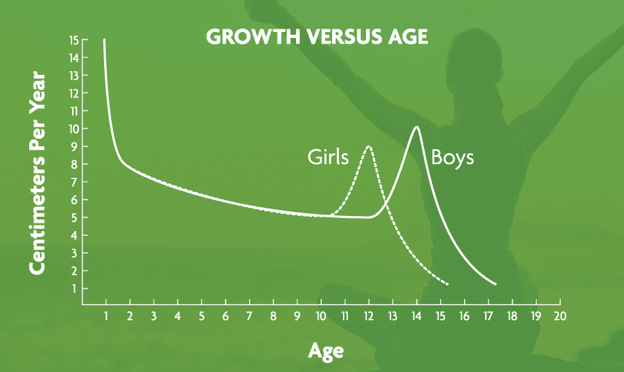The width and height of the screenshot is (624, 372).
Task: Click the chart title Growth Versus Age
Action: tap(317, 37)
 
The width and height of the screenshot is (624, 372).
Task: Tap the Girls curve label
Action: tap(328, 157)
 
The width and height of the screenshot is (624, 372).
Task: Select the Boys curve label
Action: tap(453, 157)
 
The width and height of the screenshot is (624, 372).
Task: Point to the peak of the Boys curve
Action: tap(416, 127)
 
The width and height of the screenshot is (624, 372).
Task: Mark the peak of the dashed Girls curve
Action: tap(369, 146)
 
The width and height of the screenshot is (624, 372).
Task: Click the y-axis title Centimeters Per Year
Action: tap(38, 173)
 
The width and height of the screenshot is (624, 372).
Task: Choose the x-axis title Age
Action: tap(325, 351)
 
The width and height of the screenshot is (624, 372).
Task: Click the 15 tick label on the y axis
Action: tap(74, 40)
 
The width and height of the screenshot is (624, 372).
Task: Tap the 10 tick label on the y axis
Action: tap(74, 129)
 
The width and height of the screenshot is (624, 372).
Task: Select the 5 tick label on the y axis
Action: tap(74, 217)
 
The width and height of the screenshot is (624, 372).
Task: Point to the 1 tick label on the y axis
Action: tap(74, 288)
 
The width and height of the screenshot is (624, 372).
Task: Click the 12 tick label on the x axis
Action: tap(369, 316)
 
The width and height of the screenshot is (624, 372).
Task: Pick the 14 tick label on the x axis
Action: tap(416, 316)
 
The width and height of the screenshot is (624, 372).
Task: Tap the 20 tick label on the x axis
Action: tap(559, 316)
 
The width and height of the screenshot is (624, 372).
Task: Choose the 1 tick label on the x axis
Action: tap(106, 316)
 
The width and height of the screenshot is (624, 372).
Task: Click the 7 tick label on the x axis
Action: tap(249, 316)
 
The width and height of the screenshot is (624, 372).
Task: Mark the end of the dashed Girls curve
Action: tap(448, 284)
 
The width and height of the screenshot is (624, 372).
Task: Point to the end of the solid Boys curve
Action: tap(496, 284)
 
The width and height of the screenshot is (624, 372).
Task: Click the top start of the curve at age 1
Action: tap(104, 40)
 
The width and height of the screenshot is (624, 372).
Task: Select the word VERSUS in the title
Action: tap(342, 37)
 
